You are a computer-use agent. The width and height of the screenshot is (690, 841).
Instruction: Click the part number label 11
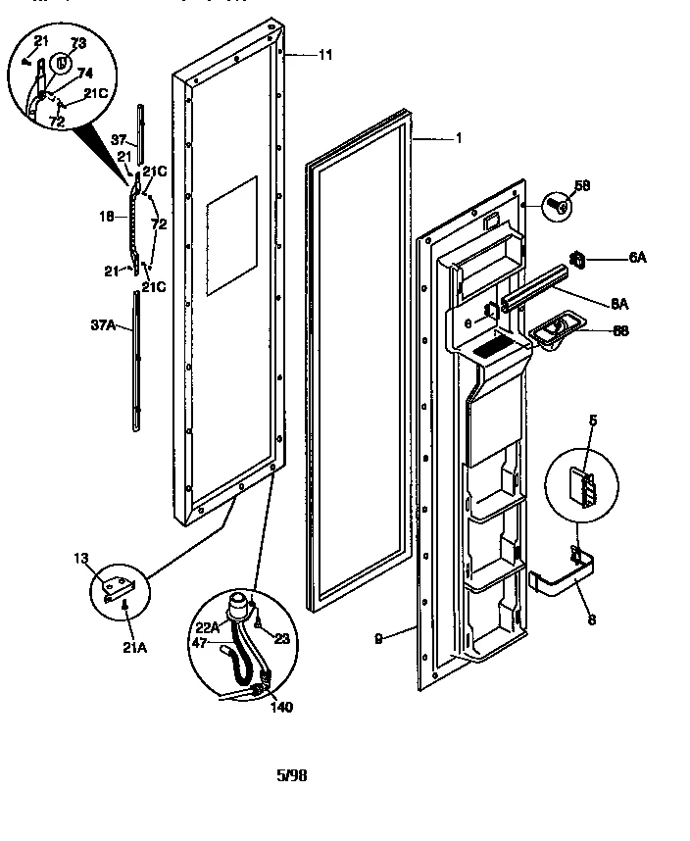pos(325,56)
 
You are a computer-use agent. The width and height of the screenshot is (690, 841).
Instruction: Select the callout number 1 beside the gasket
pos(458,138)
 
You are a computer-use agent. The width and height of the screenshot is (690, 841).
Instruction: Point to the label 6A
pos(638,258)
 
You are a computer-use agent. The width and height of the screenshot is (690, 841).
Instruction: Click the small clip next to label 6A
pos(579,259)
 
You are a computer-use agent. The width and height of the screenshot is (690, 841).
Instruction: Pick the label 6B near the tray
pos(619,330)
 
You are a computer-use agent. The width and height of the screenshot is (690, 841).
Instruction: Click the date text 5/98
pos(293,774)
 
